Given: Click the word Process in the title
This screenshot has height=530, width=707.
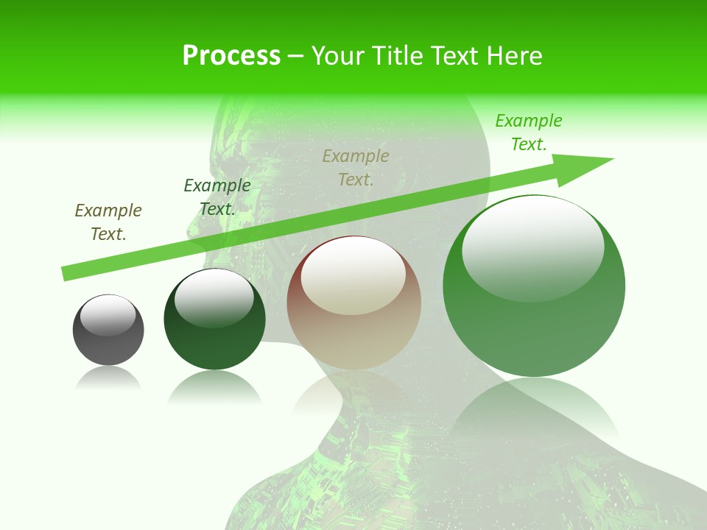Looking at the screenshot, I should [x=231, y=56].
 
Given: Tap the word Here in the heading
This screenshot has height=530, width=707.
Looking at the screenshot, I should [x=513, y=56].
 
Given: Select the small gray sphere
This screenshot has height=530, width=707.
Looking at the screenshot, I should [x=108, y=346].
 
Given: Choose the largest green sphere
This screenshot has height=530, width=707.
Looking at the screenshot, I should [x=534, y=331].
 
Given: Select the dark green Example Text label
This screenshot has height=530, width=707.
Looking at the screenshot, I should [x=217, y=197].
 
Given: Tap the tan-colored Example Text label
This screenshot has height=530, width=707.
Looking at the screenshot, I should [x=356, y=167].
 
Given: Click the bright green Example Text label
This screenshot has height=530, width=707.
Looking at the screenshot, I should [x=529, y=132].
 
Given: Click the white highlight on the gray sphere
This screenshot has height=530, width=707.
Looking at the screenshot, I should [x=108, y=315].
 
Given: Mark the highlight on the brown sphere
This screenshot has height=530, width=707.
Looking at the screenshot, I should [x=353, y=276].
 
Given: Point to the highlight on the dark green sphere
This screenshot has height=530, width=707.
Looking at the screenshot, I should [x=214, y=297].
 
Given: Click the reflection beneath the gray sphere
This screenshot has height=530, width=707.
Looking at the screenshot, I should [x=108, y=378].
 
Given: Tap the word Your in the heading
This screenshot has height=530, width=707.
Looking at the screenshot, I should [x=338, y=56].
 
